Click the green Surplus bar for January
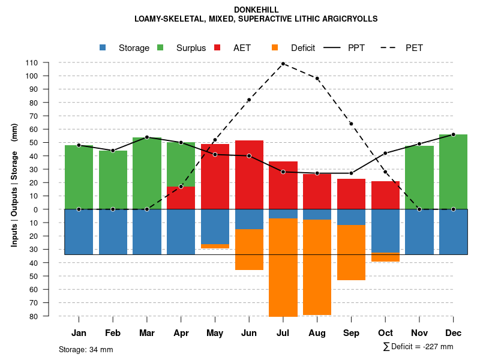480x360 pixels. pos(79,177)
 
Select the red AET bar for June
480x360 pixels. pos(249,175)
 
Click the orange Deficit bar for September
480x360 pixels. pos(351,253)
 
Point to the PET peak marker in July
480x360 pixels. pos(283,64)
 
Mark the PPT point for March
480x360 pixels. pos(147,137)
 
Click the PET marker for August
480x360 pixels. pos(317,79)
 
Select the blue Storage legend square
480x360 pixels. pos(103,47)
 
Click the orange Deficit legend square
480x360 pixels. pos(275,47)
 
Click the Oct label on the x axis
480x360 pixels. pos(385,333)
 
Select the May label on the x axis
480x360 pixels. pos(215,333)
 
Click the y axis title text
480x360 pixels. pos(14,189)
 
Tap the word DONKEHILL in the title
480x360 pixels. pos(239,10)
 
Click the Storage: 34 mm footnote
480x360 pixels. pos(86,349)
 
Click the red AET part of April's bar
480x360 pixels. pos(181,197)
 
